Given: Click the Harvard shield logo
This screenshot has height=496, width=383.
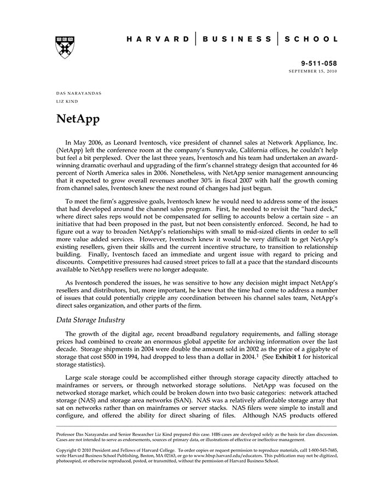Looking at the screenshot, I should [x=65, y=47].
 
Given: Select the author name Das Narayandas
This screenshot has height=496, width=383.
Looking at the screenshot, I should [x=79, y=93].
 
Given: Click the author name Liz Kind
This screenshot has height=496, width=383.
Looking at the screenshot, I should [x=67, y=101].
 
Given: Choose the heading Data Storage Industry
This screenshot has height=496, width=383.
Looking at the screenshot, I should [x=90, y=320].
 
